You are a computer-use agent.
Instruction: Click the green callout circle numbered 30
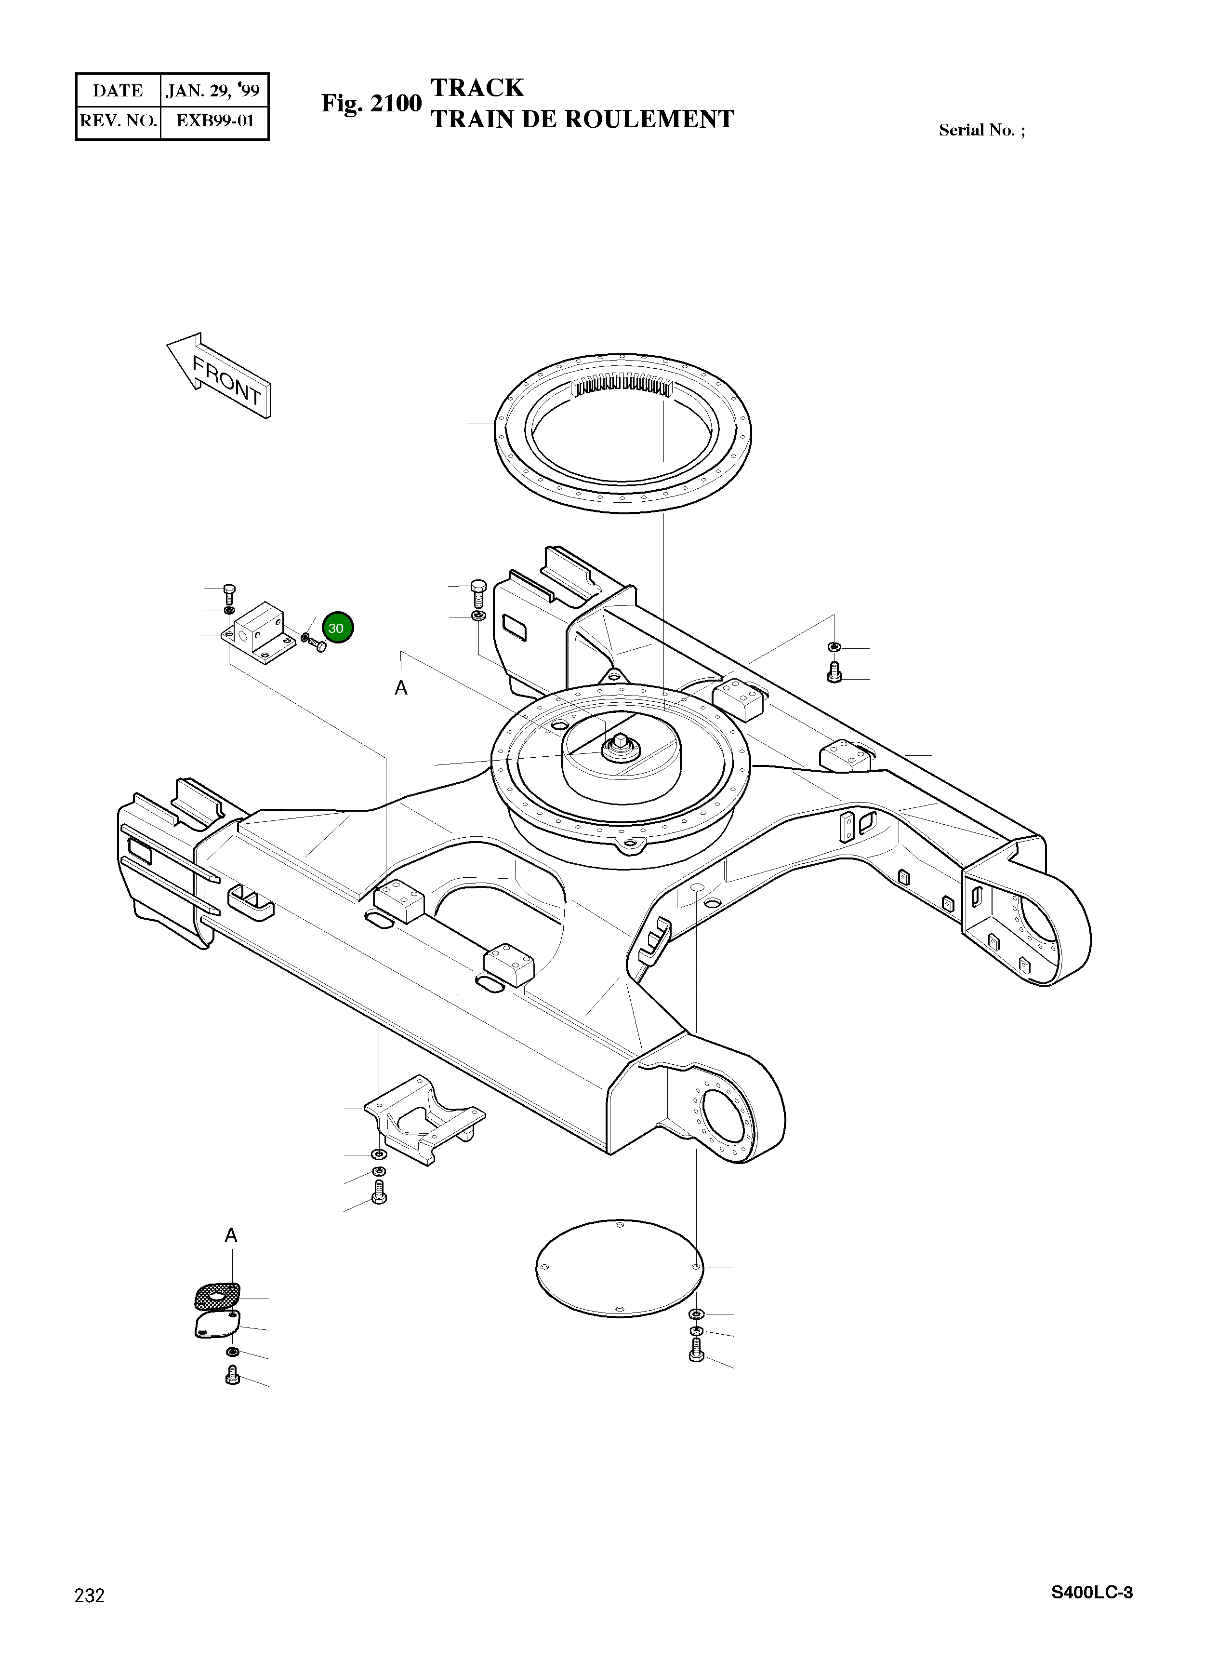337,628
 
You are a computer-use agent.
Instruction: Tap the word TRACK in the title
477,88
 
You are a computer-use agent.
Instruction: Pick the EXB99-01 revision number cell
215,121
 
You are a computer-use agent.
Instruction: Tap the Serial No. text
981,131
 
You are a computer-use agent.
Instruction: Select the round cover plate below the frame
619,1267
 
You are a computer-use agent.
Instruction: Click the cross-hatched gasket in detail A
217,1295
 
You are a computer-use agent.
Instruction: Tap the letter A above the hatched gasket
231,1235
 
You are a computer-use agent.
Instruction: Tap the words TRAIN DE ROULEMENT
582,120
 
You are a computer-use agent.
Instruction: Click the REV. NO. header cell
118,121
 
